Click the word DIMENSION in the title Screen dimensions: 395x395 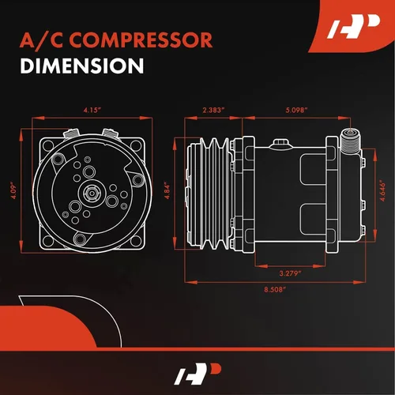coord(77,67)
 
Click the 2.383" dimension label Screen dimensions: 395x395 coord(213,111)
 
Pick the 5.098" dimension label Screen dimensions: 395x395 coord(296,111)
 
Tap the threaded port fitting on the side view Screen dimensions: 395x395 coord(349,143)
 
